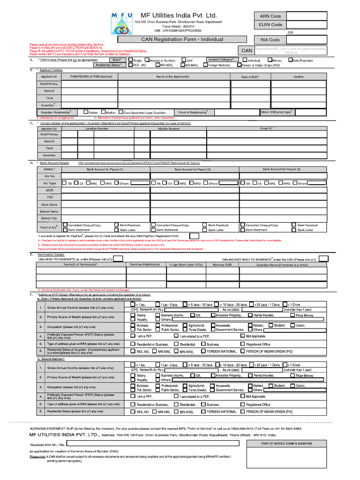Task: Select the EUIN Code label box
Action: click(x=270, y=25)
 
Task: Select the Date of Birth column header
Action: click(x=250, y=76)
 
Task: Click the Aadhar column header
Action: click(x=299, y=76)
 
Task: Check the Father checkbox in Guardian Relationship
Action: click(x=85, y=112)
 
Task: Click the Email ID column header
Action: click(x=267, y=128)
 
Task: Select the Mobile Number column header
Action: click(x=168, y=128)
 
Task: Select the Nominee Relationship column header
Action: click(x=145, y=264)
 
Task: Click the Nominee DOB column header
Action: click(x=222, y=264)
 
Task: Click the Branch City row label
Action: click(x=49, y=218)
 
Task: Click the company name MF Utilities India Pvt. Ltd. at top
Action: click(x=179, y=15)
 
